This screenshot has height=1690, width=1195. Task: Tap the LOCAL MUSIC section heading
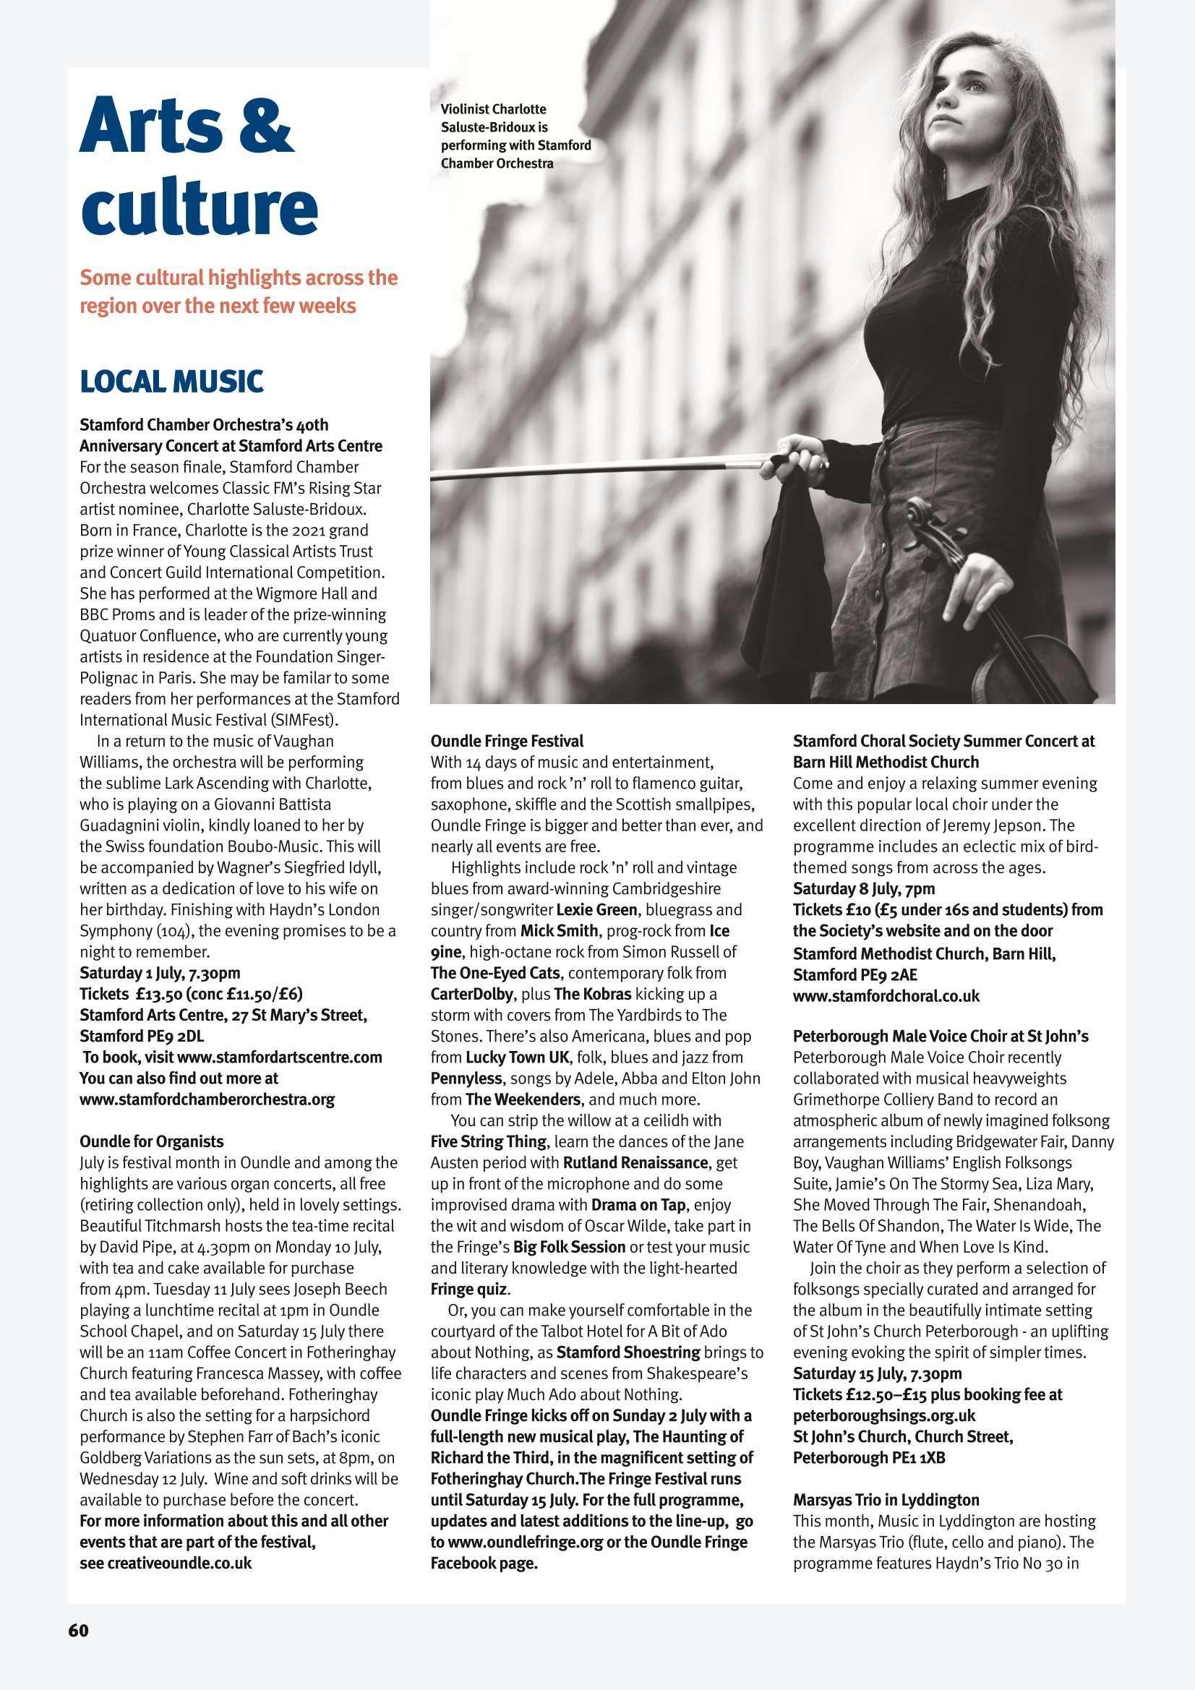coord(171,381)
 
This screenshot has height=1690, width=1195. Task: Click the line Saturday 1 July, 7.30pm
coord(160,972)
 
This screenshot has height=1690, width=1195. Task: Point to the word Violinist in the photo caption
coord(468,111)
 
